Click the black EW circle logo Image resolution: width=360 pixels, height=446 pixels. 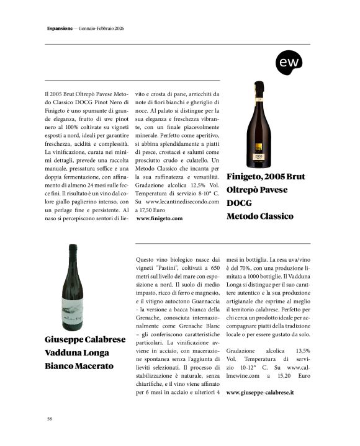(289, 63)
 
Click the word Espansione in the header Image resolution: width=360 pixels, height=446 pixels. (61, 29)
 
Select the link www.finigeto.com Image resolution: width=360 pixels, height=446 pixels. (159, 219)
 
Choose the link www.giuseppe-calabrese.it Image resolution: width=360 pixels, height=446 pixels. (260, 393)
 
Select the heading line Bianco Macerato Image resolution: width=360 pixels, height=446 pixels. (79, 366)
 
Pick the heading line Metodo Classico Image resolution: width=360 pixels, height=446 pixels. (259, 216)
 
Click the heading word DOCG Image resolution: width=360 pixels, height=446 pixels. (240, 203)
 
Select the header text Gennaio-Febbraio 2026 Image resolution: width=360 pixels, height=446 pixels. (102, 29)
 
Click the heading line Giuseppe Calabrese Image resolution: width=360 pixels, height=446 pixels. (86, 340)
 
